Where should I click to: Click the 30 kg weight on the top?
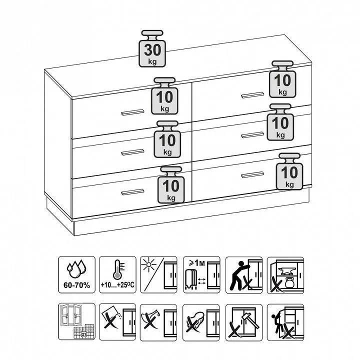[152, 48]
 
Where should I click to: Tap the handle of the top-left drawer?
[132, 112]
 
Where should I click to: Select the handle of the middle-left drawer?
[132, 152]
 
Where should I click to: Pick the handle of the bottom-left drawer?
[132, 192]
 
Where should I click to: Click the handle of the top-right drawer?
[252, 95]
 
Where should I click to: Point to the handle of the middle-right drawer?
[252, 135]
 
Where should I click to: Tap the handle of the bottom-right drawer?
[252, 174]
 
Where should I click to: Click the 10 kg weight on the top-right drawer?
[282, 79]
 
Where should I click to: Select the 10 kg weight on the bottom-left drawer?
[171, 185]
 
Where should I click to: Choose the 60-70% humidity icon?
[76, 275]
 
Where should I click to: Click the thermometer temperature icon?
[117, 275]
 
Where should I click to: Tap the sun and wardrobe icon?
[158, 275]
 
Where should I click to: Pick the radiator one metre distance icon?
[201, 275]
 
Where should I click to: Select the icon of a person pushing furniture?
[244, 275]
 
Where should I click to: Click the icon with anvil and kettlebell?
[285, 275]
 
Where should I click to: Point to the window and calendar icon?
[76, 321]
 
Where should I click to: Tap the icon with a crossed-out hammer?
[244, 322]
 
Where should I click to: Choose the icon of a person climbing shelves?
[285, 322]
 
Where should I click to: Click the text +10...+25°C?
[117, 285]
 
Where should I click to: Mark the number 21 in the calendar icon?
[84, 334]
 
